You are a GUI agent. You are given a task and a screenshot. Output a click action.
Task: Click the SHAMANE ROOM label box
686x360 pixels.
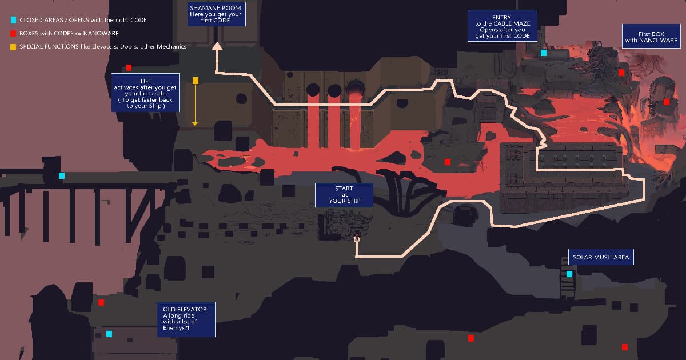coord(217,14)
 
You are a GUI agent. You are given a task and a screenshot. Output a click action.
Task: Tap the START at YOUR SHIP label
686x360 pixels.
coord(344,195)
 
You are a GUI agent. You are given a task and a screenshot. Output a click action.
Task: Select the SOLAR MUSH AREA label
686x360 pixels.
coord(601,257)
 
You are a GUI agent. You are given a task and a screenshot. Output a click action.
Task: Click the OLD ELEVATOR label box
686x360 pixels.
coord(186,319)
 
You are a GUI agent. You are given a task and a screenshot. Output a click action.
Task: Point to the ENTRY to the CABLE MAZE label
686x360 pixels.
coord(502,26)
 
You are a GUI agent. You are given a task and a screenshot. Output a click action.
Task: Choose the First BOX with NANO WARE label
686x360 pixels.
coord(651,37)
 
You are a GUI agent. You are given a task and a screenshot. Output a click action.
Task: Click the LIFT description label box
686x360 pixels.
coord(145,93)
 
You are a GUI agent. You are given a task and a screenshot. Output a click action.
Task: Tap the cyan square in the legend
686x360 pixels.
coord(14,20)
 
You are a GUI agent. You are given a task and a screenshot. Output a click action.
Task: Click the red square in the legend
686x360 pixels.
coord(13,33)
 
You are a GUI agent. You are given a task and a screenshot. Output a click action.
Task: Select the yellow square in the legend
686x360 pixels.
coord(13,47)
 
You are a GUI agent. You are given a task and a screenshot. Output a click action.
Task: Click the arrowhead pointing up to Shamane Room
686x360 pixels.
coord(217,46)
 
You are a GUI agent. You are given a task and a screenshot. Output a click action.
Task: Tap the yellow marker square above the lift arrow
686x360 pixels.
coord(196,81)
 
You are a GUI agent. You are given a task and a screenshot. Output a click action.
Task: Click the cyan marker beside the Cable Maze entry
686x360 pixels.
coord(544,53)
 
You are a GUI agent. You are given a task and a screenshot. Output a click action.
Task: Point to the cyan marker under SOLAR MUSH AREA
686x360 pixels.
coord(569,274)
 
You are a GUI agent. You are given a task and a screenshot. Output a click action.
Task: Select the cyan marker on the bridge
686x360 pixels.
coord(62,176)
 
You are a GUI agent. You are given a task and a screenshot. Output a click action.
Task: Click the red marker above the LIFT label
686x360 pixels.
coord(129,67)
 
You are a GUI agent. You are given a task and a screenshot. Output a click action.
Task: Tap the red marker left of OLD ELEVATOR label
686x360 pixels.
coord(101,303)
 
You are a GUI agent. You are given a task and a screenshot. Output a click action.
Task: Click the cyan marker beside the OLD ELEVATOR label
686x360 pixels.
coord(109,334)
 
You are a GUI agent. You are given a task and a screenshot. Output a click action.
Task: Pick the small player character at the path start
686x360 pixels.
coord(357,238)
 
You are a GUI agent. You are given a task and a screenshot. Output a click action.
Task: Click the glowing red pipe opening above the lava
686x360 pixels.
coord(355,89)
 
